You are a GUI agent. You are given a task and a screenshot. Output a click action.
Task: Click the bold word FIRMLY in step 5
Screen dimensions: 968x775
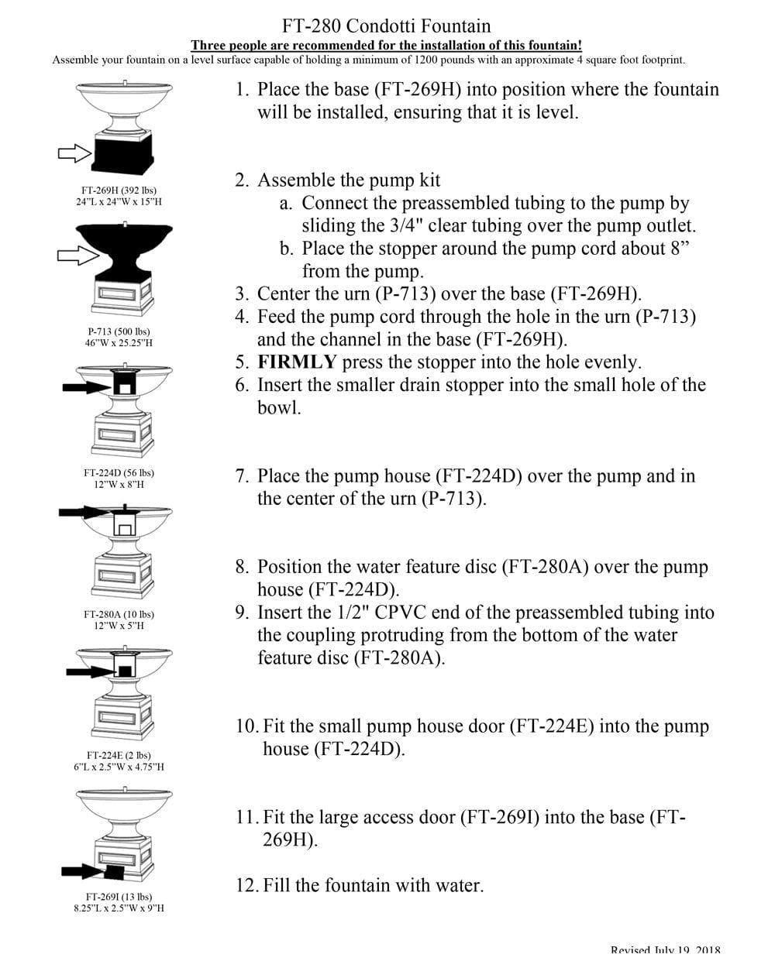tap(297, 362)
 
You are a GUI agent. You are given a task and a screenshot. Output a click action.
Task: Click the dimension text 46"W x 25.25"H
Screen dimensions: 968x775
tap(119, 342)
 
